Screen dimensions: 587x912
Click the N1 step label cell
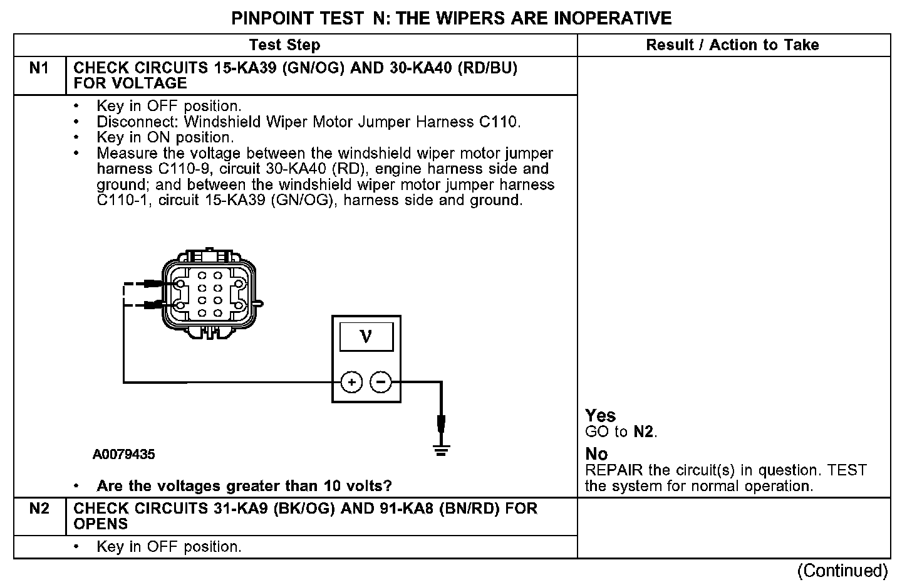pos(39,68)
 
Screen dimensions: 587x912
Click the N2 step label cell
pos(39,509)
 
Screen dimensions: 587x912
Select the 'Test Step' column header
pos(284,45)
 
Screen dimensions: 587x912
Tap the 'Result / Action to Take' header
pos(732,45)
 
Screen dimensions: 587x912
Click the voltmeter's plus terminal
pos(352,382)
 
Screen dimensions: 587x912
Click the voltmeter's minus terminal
pos(380,382)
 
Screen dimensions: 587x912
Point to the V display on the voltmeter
pos(366,337)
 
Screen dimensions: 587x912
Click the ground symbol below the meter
pos(441,449)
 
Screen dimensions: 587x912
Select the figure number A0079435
pos(123,455)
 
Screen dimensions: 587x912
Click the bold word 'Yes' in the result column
pos(601,416)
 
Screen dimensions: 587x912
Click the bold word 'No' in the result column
pos(596,454)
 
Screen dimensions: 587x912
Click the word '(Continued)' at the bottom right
pos(842,571)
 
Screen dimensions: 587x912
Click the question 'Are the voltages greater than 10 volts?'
pos(244,486)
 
